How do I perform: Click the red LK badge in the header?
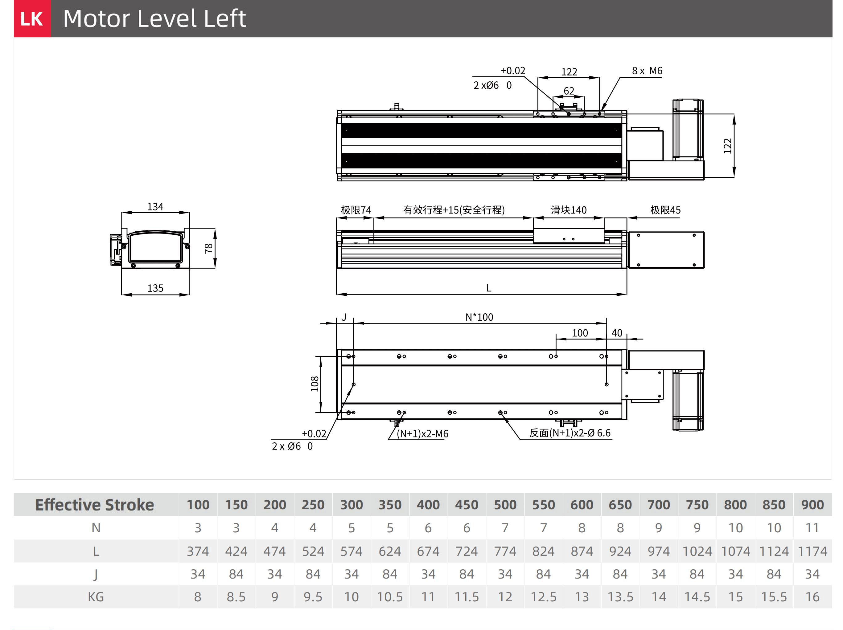[x=32, y=19]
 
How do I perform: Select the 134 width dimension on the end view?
[x=155, y=207]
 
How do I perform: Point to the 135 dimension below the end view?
[x=155, y=288]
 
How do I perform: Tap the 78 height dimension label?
[x=208, y=249]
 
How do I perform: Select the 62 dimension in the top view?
[x=569, y=91]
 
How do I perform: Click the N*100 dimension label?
[x=479, y=317]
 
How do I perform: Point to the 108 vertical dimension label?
[x=315, y=384]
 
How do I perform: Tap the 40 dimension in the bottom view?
[x=617, y=333]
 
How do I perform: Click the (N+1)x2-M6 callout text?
[x=422, y=433]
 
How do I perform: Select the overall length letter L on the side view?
[x=489, y=288]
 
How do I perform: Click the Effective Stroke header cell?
[x=95, y=505]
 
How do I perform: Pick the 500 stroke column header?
[x=505, y=505]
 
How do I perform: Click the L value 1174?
[x=812, y=551]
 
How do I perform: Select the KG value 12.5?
[x=544, y=597]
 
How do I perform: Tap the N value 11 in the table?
[x=812, y=528]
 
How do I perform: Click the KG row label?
[x=96, y=597]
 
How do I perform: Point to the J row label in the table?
[x=96, y=574]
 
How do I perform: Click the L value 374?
[x=198, y=551]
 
